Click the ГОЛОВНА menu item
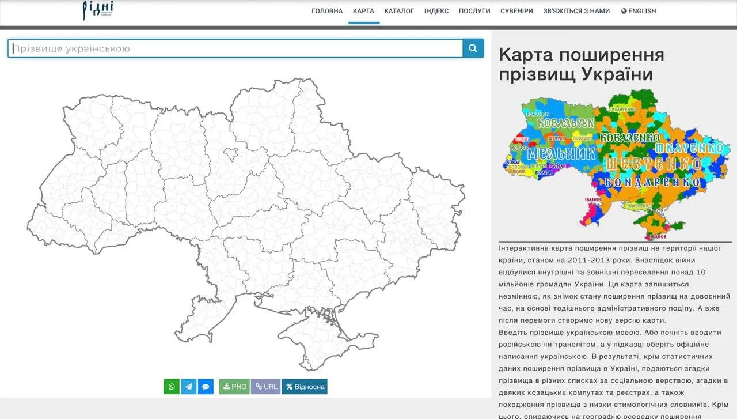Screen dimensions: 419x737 click(327, 11)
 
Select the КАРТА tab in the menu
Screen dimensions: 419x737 click(363, 11)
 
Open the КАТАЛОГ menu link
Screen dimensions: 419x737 click(399, 11)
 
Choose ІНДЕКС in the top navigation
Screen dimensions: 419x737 click(436, 11)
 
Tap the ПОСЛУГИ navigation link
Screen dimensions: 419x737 click(474, 11)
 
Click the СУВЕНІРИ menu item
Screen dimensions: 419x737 click(516, 11)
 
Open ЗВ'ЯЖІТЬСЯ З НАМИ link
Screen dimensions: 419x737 click(576, 11)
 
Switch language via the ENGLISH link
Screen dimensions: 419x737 click(639, 11)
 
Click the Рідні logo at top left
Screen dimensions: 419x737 click(97, 10)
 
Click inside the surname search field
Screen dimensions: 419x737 click(235, 48)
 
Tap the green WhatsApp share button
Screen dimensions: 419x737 click(172, 387)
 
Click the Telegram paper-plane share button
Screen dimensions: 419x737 click(189, 387)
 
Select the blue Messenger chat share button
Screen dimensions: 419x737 click(206, 387)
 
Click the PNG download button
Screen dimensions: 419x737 click(234, 387)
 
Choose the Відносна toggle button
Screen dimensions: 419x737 click(305, 387)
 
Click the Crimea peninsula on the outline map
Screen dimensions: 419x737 click(322, 340)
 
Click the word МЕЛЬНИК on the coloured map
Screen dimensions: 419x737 click(560, 154)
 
